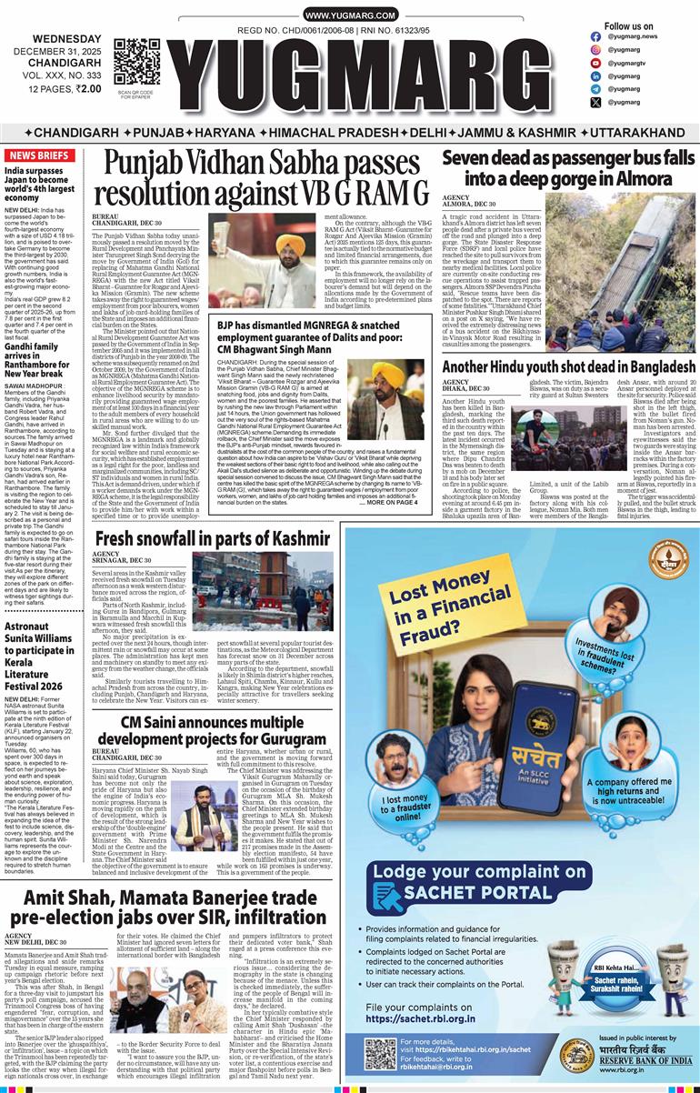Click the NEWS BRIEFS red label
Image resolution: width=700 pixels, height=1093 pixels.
coord(40,155)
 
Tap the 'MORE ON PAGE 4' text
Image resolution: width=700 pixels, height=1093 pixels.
coord(392,502)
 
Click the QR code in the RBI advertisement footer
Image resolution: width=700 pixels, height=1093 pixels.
coord(381,1053)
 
